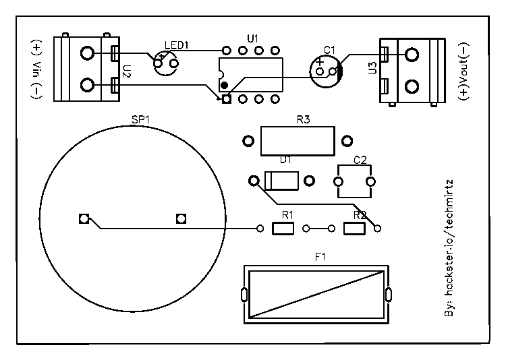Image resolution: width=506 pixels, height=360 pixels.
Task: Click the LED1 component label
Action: tap(177, 45)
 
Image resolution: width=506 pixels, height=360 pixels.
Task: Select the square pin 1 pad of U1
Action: tap(226, 99)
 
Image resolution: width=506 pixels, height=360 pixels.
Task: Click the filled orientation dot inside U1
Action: tap(224, 86)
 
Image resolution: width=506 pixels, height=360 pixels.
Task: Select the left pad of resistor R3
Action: tap(248, 141)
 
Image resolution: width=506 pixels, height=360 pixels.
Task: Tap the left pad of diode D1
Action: tap(254, 181)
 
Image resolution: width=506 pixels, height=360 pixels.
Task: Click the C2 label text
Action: tap(360, 160)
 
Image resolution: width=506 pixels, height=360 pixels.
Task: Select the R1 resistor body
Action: tap(283, 229)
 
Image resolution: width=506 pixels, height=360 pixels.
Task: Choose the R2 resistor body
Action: tap(354, 229)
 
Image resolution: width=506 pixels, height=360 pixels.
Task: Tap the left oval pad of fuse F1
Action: tap(243, 294)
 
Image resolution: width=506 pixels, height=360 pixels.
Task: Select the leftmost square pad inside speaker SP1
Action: tap(84, 218)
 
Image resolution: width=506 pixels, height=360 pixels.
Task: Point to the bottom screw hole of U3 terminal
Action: tap(412, 86)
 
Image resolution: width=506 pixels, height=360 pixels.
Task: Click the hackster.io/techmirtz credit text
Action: tap(450, 249)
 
